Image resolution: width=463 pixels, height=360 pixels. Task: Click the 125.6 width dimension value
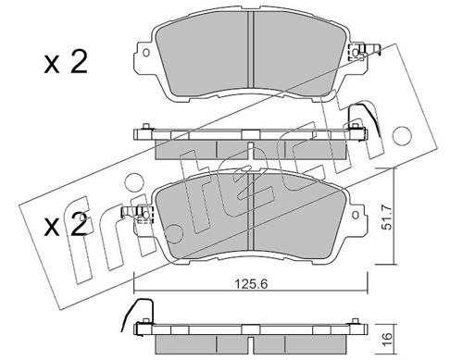coord(251,283)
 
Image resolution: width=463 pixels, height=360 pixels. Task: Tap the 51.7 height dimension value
coord(386,217)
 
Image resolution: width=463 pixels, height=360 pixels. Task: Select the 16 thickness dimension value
coord(388,339)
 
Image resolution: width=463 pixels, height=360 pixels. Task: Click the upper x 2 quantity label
coord(66,63)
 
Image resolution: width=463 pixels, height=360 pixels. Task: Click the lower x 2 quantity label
coord(66,225)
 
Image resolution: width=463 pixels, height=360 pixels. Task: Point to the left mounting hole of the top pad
coord(146,53)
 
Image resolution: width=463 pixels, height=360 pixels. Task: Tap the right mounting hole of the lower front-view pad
coord(356,215)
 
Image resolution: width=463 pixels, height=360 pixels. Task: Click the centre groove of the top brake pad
coord(250,49)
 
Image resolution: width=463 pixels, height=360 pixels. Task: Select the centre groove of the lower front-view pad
coord(250,210)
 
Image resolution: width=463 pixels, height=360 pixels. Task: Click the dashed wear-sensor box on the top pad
coord(356,53)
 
